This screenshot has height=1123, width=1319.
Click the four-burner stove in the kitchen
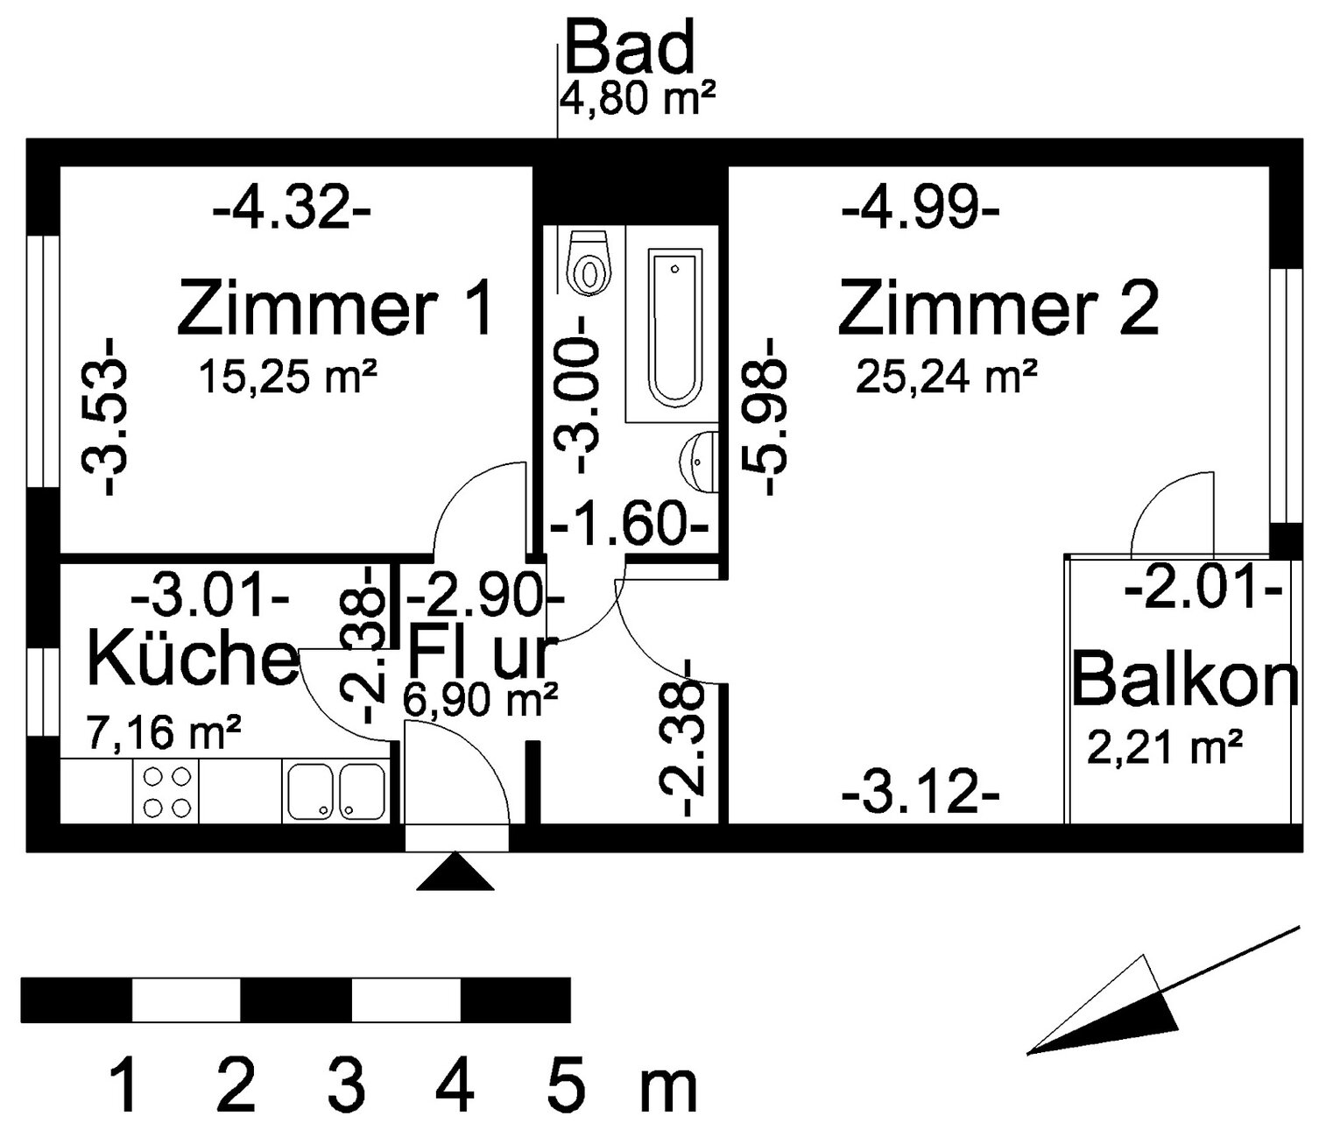pos(166,791)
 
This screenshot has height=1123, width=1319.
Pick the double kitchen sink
pos(336,791)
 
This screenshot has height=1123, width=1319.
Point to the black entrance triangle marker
pos(455,872)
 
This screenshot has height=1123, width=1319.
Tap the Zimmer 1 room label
pos(336,307)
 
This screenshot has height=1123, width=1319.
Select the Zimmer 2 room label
pos(998,307)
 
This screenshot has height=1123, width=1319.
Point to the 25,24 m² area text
pos(946,378)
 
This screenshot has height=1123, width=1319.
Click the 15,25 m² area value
pos(288,378)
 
